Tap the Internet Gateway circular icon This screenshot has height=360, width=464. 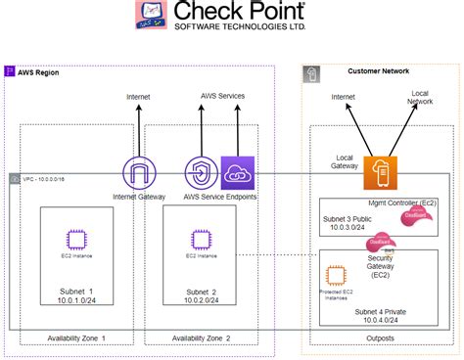tap(140, 173)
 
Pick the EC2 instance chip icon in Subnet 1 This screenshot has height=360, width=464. tap(75, 239)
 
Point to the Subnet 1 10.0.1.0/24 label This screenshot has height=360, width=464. tap(76, 297)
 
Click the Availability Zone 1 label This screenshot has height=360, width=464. tap(76, 337)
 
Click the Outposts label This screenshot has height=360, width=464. tap(380, 337)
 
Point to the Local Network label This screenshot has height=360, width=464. tap(421, 97)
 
